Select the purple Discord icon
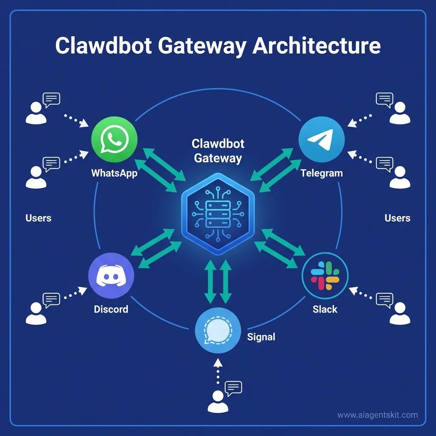pyautogui.click(x=111, y=275)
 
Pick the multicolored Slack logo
pyautogui.click(x=325, y=275)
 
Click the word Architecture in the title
pyautogui.click(x=316, y=46)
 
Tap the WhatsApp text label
pyautogui.click(x=114, y=173)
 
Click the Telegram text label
pyautogui.click(x=321, y=173)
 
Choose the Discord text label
pyautogui.click(x=111, y=309)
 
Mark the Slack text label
pyautogui.click(x=325, y=309)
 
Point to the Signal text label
pyautogui.click(x=261, y=337)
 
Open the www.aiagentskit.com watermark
pyautogui.click(x=377, y=415)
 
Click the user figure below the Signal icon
pyautogui.click(x=218, y=402)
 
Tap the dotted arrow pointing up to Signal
pyautogui.click(x=218, y=371)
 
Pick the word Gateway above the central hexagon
pyautogui.click(x=218, y=158)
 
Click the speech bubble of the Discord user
pyautogui.click(x=52, y=299)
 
